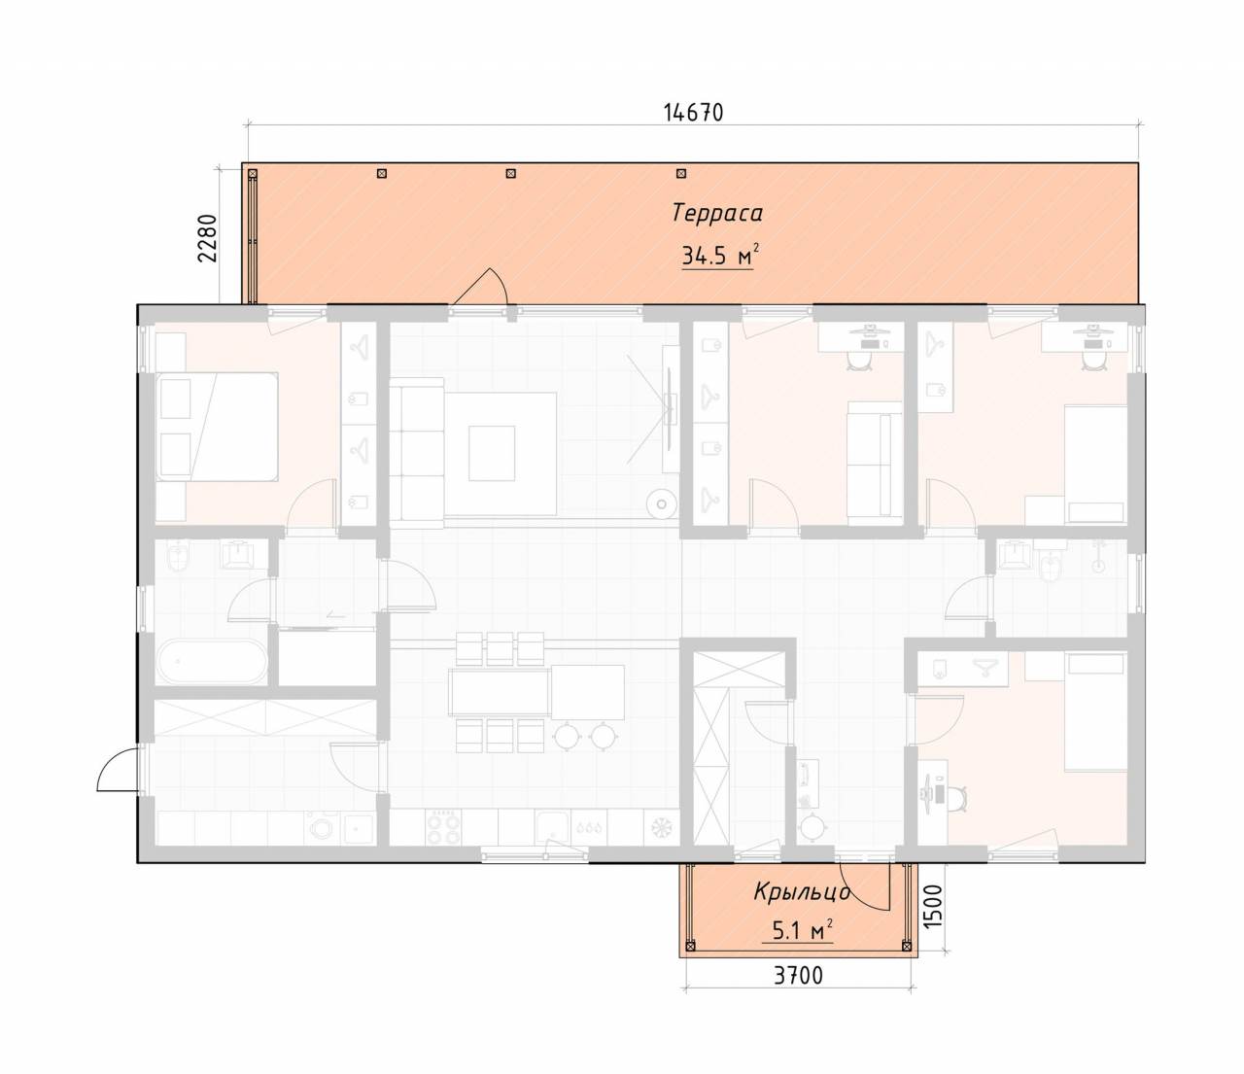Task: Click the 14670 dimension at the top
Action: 693,113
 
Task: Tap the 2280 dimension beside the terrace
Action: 207,238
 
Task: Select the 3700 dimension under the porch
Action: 798,975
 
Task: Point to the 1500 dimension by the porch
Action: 932,907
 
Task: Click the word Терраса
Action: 717,214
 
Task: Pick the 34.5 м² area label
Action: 718,256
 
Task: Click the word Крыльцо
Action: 802,891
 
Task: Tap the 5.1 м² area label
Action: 802,932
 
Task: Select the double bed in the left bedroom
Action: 217,427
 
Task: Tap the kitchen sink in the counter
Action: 552,825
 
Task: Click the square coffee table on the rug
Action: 492,453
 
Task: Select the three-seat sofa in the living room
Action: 417,452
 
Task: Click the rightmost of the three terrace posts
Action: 681,173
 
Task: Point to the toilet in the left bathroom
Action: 179,557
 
